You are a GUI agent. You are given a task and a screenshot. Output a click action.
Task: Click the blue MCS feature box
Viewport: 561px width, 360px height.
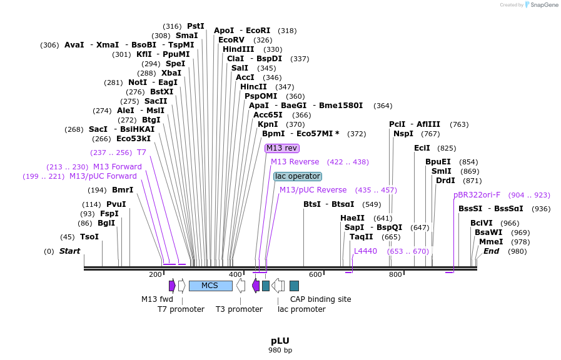(210, 286)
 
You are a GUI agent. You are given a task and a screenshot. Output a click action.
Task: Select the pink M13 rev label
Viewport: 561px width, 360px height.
(282, 148)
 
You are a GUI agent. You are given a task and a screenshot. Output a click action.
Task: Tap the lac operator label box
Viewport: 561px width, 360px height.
(298, 176)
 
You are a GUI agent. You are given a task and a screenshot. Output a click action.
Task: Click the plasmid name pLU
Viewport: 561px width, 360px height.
(280, 341)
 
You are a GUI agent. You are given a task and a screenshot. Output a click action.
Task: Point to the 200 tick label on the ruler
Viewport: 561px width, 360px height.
(155, 274)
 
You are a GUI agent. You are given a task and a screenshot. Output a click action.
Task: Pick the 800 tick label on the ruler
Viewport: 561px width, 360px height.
(395, 274)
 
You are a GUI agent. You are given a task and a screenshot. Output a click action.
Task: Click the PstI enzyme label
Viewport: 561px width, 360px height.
(196, 26)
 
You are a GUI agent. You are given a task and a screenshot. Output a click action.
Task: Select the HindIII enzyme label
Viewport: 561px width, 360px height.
(238, 49)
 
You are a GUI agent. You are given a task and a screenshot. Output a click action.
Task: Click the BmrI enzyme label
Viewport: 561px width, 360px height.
(123, 190)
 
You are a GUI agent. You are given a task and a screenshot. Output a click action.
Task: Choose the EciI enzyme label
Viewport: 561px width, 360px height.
(422, 148)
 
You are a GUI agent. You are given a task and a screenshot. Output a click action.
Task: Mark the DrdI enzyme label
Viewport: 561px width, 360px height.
(445, 181)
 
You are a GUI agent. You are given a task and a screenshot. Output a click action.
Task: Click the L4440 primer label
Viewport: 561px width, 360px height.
(365, 251)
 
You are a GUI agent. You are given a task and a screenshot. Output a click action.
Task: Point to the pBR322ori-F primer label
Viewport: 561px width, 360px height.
(477, 195)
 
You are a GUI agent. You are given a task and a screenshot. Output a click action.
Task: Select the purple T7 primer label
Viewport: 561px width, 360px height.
(141, 152)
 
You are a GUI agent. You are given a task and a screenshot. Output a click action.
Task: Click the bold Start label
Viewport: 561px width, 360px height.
(70, 251)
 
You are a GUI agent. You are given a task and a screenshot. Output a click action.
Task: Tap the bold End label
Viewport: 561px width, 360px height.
(491, 251)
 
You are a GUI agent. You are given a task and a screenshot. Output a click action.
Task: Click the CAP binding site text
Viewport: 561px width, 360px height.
(320, 299)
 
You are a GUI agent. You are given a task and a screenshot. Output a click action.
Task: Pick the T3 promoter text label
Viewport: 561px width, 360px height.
(239, 309)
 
